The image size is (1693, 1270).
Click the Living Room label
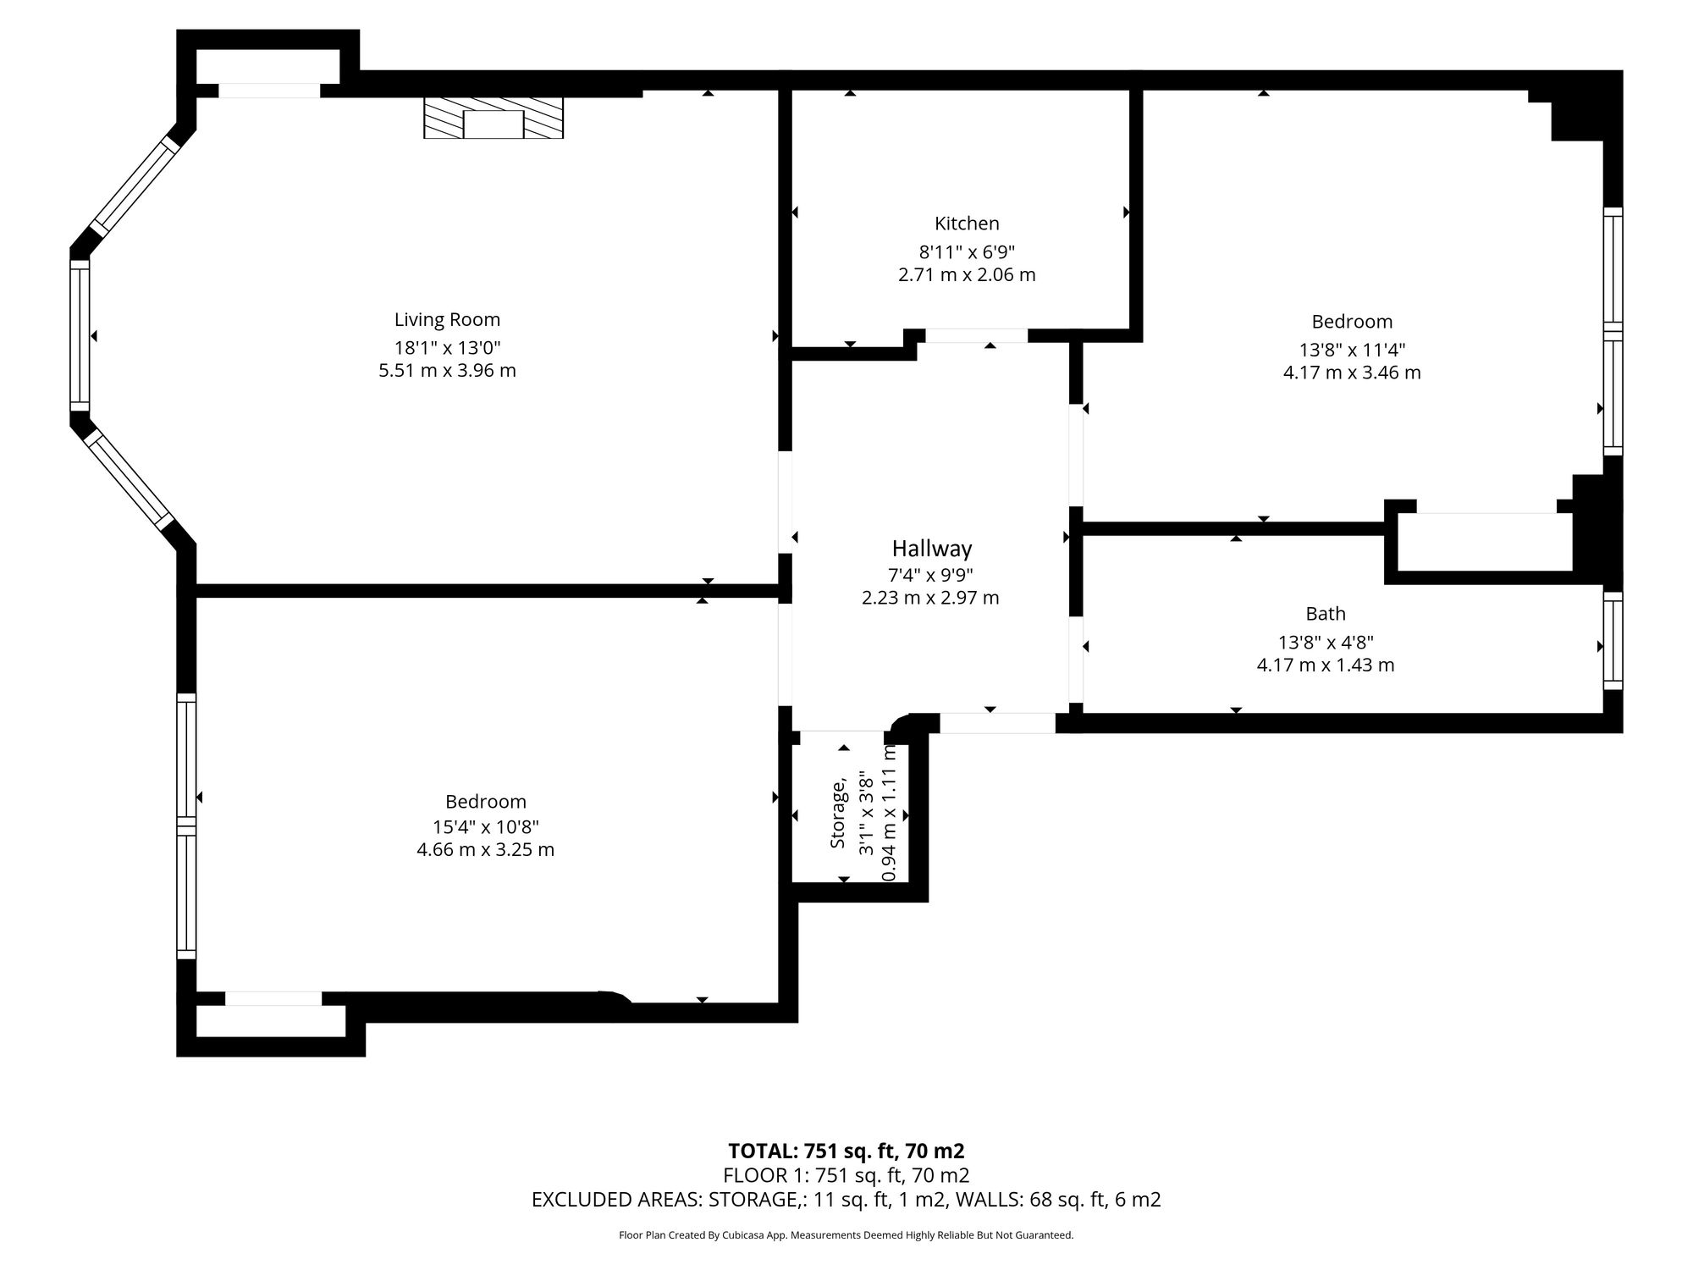447,320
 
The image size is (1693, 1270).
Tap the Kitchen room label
967,224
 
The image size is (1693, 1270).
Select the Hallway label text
931,549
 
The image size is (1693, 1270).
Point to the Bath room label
1326,614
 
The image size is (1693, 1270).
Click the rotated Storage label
838,814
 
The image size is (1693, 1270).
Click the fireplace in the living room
494,118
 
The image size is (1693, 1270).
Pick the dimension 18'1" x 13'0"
447,347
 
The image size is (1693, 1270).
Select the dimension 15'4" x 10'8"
486,826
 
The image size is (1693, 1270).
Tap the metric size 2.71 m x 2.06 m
967,275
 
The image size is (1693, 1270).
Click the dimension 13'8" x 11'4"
1352,350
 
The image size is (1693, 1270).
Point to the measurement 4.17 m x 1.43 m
1326,665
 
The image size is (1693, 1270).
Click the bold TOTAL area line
846,1151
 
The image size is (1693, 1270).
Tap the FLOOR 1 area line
846,1175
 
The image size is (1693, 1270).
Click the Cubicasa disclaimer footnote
846,1235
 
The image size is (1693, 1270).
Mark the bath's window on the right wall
1613,641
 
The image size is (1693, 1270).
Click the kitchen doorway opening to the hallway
976,336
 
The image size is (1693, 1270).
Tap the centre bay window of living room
80,335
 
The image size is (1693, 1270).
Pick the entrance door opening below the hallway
998,723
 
